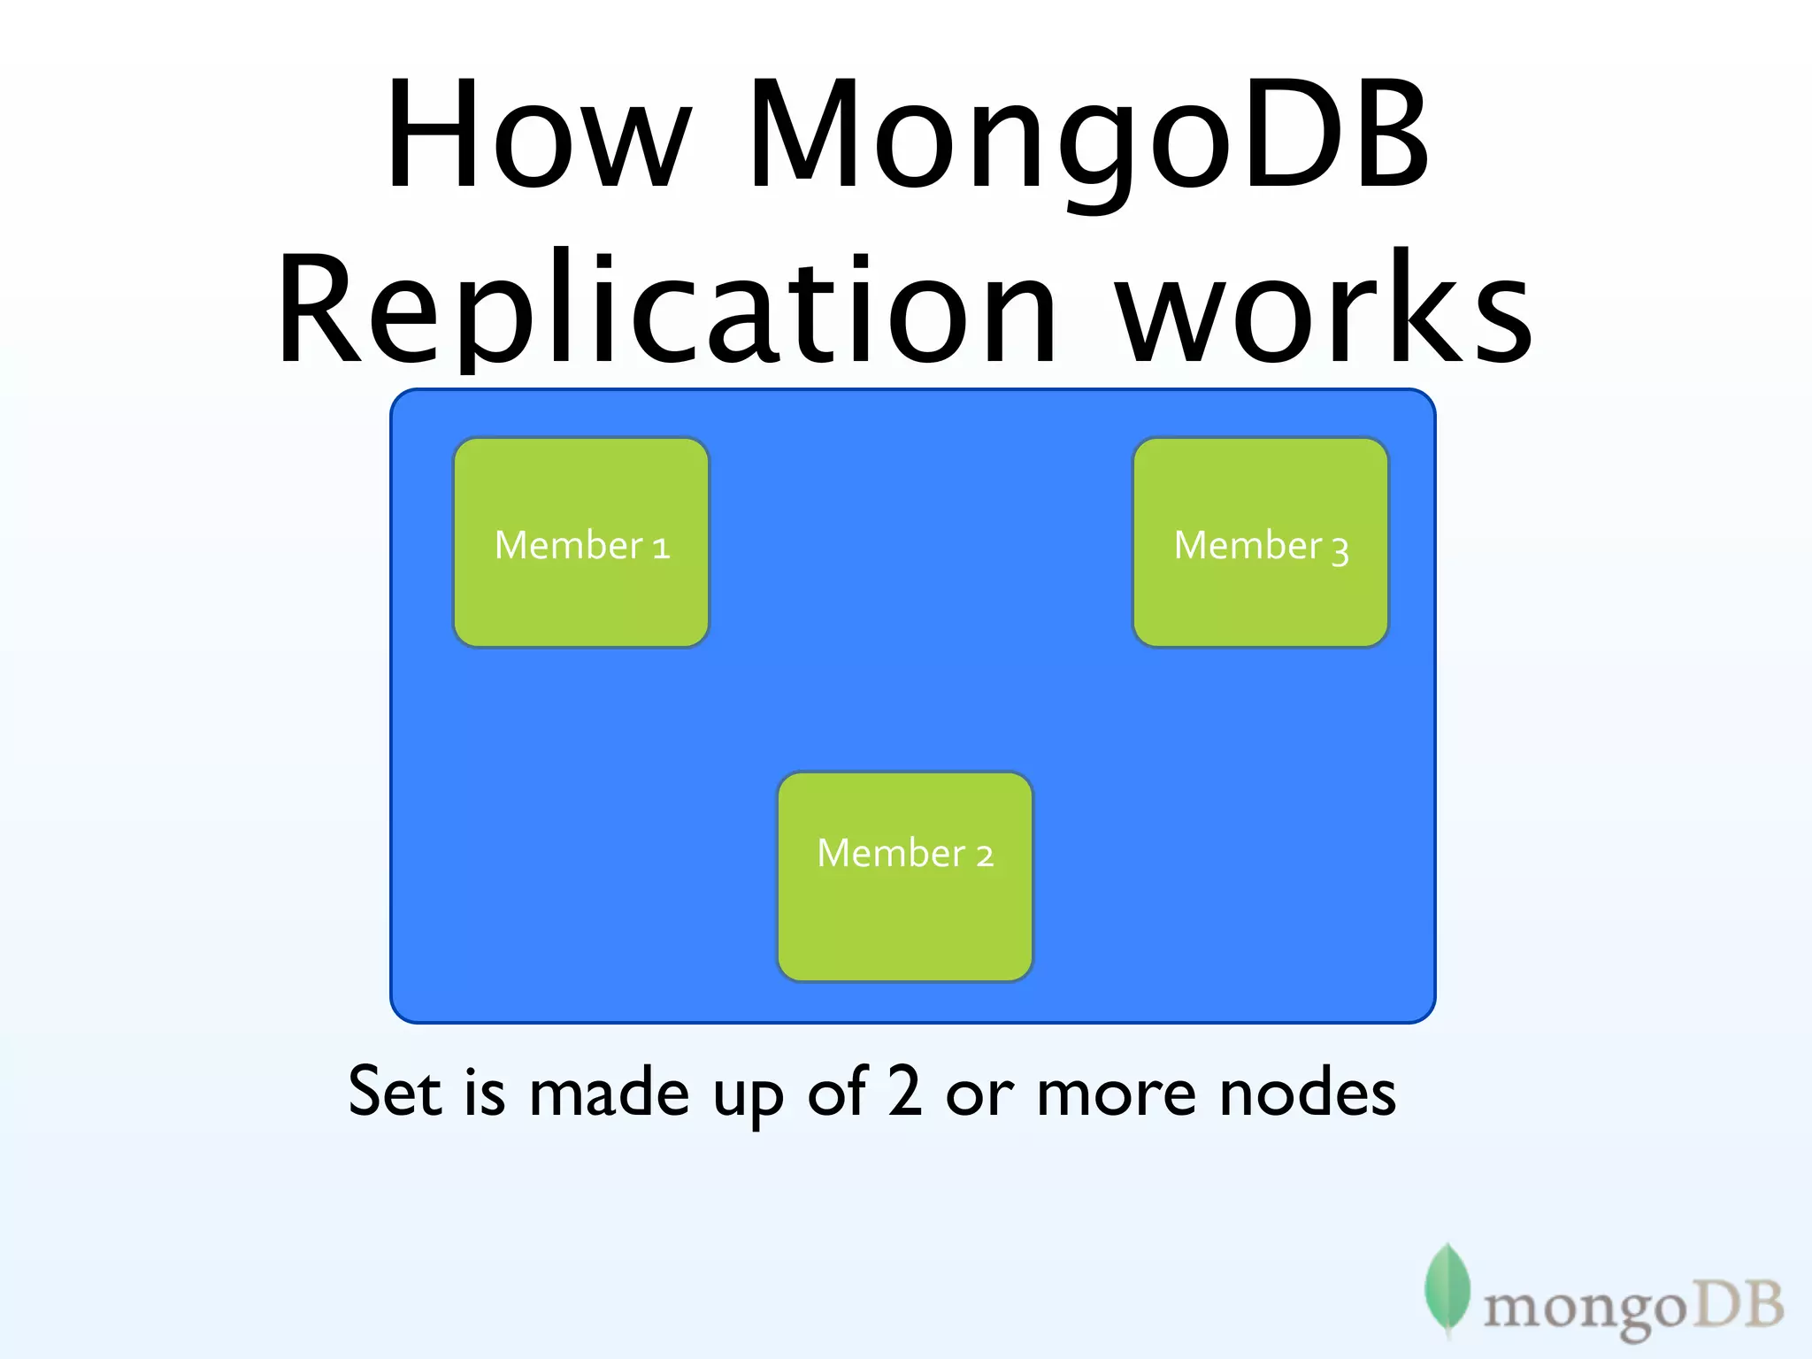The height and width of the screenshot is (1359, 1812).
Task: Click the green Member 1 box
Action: coord(581,542)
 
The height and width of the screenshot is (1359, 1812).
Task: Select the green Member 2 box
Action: coord(905,876)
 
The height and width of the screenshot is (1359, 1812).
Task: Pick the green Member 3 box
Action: coord(1261,542)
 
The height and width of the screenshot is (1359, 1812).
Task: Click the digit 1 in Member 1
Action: coord(661,549)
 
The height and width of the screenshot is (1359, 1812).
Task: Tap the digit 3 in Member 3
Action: coord(1340,550)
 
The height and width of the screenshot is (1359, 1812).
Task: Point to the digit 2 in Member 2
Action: coord(985,856)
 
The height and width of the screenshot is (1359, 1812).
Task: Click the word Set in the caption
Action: coord(395,1092)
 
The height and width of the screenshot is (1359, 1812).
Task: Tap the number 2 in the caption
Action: coord(904,1090)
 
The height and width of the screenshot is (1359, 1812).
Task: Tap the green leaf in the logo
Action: coord(1447,1287)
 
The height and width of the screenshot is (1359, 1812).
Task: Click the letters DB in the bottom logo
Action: coord(1735,1304)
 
